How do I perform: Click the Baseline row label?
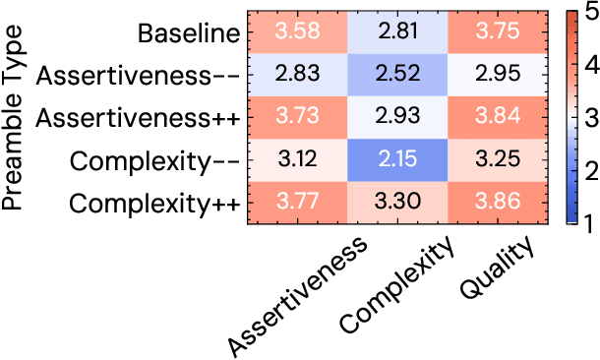click(189, 33)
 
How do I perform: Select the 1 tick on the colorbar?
click(587, 224)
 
